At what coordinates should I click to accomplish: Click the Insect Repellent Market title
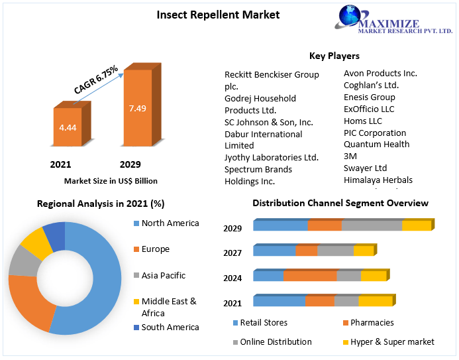coord(218,15)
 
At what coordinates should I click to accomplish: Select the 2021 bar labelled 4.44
coord(68,127)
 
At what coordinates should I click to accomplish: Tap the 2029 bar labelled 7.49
coord(138,108)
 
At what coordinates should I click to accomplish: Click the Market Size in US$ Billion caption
coord(111,180)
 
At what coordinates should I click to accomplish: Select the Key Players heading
coord(334,56)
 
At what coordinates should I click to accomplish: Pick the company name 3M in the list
coord(350,156)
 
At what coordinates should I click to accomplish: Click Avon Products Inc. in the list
coord(380,73)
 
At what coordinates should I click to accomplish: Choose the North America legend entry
coord(170,223)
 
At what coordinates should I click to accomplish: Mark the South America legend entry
coord(170,327)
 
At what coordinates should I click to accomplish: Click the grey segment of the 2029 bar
coord(372,225)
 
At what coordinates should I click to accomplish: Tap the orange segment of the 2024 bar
coord(309,276)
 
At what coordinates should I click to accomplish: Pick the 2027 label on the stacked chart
coord(232,253)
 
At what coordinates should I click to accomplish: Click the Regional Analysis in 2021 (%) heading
coord(101,204)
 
